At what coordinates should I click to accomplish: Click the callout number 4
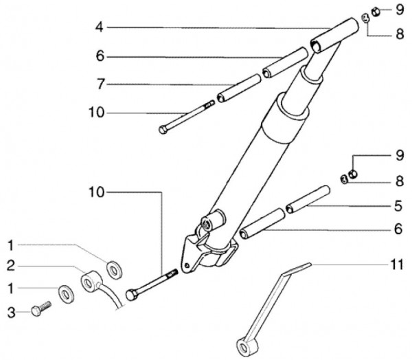(100, 27)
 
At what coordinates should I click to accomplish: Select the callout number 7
(101, 84)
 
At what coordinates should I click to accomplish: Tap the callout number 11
(397, 265)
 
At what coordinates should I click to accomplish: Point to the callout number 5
(398, 205)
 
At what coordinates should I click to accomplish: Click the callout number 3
(11, 313)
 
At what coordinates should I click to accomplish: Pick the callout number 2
(11, 266)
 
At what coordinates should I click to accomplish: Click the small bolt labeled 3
(41, 308)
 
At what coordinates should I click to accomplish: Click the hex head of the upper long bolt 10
(163, 130)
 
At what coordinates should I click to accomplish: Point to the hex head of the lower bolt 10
(131, 295)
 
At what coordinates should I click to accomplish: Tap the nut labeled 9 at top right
(376, 12)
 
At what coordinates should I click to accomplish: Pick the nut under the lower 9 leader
(353, 174)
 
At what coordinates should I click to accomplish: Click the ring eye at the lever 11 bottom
(244, 348)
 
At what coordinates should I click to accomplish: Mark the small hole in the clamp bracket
(187, 265)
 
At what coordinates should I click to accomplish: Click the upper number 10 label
(97, 113)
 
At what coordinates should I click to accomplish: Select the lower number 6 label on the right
(398, 229)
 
